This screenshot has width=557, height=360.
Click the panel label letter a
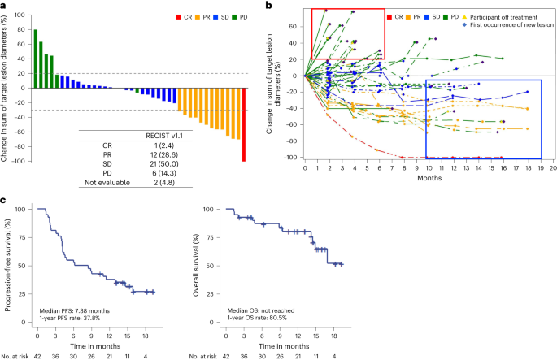coord(5,6)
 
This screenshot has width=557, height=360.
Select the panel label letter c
coord(5,200)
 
